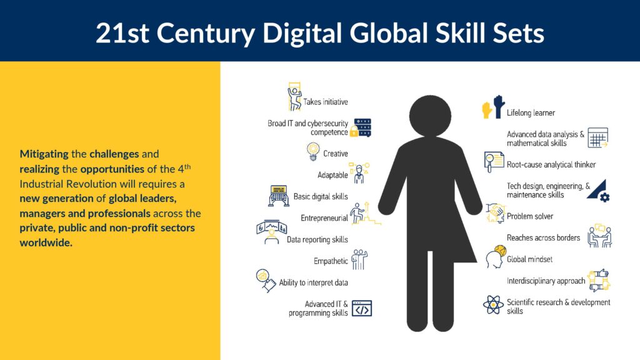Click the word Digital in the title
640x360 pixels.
click(x=302, y=32)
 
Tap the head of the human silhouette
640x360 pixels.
click(x=430, y=116)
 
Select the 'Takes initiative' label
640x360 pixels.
click(x=325, y=102)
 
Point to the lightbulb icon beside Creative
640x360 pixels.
click(x=313, y=151)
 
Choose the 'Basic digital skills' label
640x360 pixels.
click(x=321, y=196)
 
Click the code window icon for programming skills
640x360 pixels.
click(x=362, y=309)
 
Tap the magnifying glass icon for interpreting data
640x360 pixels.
click(x=266, y=281)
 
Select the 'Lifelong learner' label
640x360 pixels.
click(x=531, y=112)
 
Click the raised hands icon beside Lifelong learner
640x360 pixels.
click(x=493, y=107)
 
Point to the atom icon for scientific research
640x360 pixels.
click(x=493, y=304)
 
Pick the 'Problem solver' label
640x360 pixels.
click(x=530, y=216)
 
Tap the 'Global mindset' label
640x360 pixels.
click(x=529, y=259)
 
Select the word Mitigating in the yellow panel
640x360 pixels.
click(x=44, y=154)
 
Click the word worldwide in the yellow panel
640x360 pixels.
click(x=46, y=242)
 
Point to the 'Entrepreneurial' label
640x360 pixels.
click(x=324, y=218)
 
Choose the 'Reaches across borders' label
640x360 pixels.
click(x=543, y=237)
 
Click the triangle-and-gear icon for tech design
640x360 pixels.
click(x=598, y=190)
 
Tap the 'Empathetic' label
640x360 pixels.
click(x=331, y=261)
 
